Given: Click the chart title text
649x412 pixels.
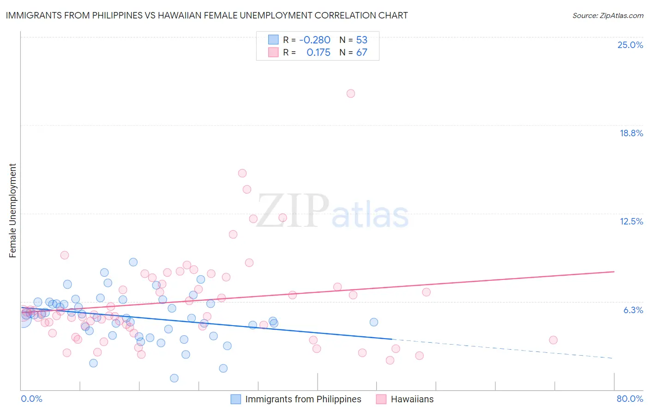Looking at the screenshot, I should pyautogui.click(x=207, y=15).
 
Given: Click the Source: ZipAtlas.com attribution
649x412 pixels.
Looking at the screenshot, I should pyautogui.click(x=607, y=15).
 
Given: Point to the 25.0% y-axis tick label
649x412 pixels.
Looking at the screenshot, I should pyautogui.click(x=630, y=45).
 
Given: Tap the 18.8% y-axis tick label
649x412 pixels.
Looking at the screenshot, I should pyautogui.click(x=631, y=133).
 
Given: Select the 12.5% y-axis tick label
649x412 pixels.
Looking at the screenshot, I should pyautogui.click(x=631, y=221).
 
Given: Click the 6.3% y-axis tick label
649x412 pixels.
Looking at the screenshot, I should pyautogui.click(x=633, y=310).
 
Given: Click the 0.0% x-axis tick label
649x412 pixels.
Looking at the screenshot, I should pyautogui.click(x=31, y=399).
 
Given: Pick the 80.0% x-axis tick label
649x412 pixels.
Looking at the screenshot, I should pyautogui.click(x=630, y=399).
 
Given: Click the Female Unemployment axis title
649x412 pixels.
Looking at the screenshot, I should pyautogui.click(x=12, y=211).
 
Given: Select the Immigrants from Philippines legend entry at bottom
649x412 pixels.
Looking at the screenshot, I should pyautogui.click(x=303, y=399).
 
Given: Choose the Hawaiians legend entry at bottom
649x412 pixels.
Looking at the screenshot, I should pyautogui.click(x=412, y=399).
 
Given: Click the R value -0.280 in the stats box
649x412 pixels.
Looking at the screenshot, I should pyautogui.click(x=314, y=40).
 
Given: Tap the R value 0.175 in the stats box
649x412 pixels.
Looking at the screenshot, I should pyautogui.click(x=318, y=53).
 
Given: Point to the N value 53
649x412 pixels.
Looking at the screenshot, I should pyautogui.click(x=361, y=40).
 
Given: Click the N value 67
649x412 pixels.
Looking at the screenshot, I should pyautogui.click(x=361, y=53).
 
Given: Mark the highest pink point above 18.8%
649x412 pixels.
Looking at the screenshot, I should pyautogui.click(x=351, y=93).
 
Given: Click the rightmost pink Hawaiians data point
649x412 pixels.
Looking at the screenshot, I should pyautogui.click(x=553, y=340).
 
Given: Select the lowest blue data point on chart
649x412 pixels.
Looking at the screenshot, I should pyautogui.click(x=174, y=378).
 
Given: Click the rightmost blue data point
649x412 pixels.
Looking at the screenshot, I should pyautogui.click(x=374, y=322).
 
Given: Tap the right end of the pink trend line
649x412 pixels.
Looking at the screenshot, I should pyautogui.click(x=614, y=272).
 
